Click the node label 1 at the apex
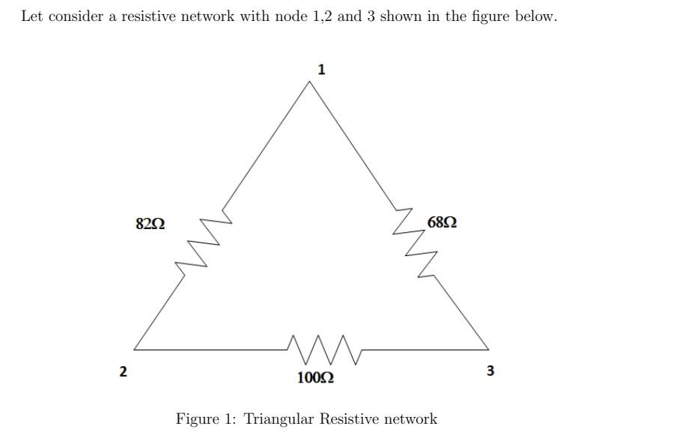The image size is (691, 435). pos(321,70)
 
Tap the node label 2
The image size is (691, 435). pos(124,371)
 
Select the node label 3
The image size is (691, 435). pos(490,370)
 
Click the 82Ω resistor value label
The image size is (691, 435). pos(150,223)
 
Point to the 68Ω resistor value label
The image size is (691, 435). pos(442,222)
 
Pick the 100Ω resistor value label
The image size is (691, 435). pos(316,377)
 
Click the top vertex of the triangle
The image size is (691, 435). pos(309,82)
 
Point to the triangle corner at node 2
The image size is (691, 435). pos(135,349)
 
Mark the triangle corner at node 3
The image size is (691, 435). pos(488,349)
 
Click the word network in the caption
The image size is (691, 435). pos(410,419)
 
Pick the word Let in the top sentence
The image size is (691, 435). pos(31,16)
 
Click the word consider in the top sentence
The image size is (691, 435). pos(76,16)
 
